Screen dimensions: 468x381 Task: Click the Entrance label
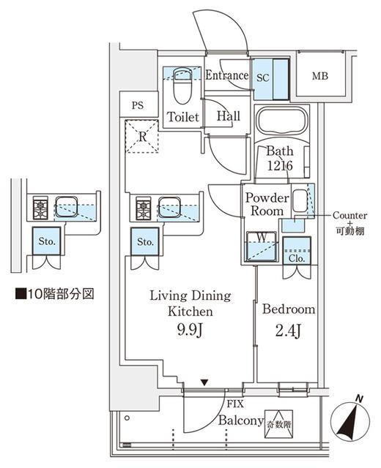227,75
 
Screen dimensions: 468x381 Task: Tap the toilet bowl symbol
181,88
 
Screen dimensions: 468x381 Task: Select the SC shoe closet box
264,76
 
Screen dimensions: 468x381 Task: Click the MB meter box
320,76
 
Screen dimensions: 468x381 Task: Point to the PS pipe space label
138,105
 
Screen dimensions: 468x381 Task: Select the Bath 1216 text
279,159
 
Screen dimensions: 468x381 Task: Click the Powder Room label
267,204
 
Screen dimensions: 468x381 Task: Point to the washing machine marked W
260,246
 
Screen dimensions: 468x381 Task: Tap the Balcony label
240,421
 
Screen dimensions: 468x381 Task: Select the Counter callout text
349,215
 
